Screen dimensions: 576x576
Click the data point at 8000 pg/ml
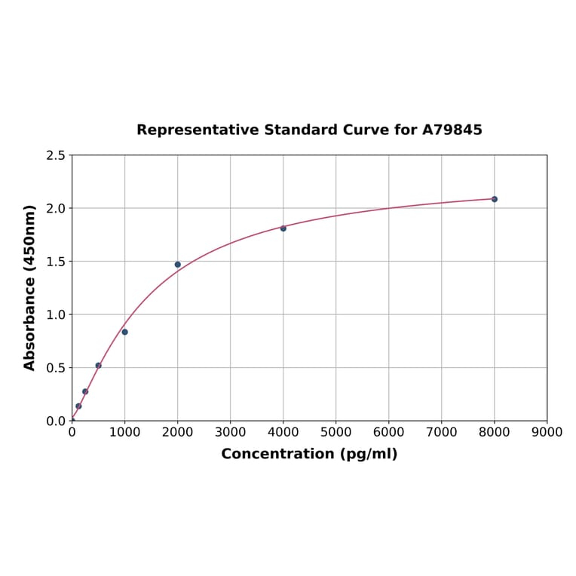click(x=495, y=199)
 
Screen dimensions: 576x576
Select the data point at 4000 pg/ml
click(x=283, y=228)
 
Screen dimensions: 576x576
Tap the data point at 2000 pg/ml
click(x=178, y=265)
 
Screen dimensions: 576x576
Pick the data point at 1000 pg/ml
click(x=125, y=332)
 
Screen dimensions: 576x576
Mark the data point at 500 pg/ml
click(x=98, y=366)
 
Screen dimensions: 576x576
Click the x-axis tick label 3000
click(x=231, y=432)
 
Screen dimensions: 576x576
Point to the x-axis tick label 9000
click(x=547, y=432)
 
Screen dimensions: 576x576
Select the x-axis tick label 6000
click(x=389, y=432)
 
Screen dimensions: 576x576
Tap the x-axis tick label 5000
click(x=336, y=432)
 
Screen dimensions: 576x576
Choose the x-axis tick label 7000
click(x=442, y=432)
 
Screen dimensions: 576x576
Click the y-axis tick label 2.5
click(x=56, y=155)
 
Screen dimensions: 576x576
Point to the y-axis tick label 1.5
click(x=56, y=262)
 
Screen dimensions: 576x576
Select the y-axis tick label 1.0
click(x=56, y=314)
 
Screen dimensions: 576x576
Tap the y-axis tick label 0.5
click(x=56, y=368)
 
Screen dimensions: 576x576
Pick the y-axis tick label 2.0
click(x=56, y=208)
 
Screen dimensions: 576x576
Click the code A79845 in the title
click(x=452, y=130)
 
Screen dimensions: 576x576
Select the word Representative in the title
click(x=198, y=130)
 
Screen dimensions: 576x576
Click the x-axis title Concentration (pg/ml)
click(x=309, y=454)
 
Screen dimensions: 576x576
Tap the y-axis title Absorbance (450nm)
click(x=30, y=287)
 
